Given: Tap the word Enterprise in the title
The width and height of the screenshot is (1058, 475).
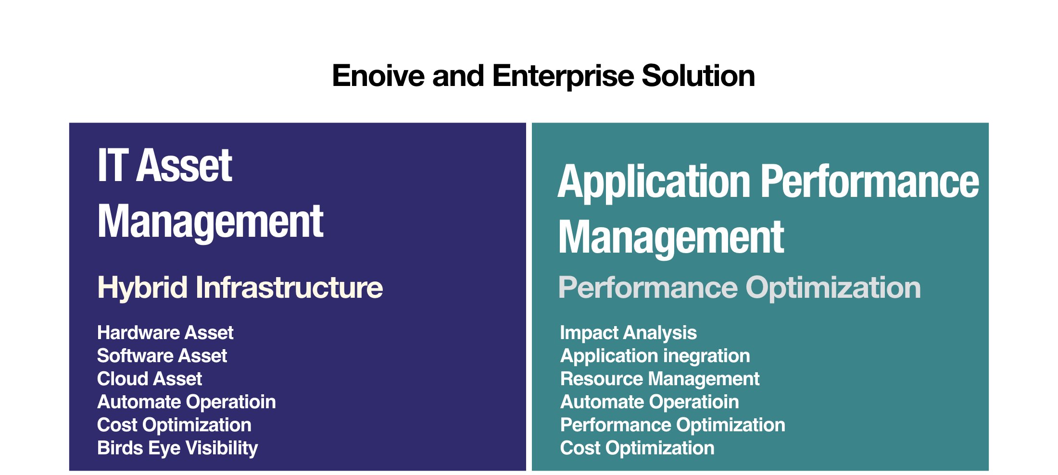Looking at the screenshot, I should [563, 76].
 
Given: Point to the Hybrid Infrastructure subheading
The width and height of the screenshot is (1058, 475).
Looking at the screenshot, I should [239, 287].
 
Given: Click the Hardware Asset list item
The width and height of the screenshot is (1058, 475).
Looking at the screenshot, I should [165, 332].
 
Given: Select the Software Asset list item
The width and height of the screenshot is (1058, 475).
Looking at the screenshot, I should [162, 355].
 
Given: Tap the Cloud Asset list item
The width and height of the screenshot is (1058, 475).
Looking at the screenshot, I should [149, 378].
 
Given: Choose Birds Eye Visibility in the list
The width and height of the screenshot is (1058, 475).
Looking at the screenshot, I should [177, 448].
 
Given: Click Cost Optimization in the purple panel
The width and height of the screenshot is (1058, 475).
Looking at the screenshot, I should [174, 425].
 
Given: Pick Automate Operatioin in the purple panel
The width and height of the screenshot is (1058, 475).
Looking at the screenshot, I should [186, 402].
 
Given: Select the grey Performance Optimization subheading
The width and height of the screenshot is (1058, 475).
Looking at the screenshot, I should [739, 287].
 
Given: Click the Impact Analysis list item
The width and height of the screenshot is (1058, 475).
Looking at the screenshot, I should [628, 332].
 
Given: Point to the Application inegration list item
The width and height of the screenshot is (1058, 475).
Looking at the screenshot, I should [655, 355].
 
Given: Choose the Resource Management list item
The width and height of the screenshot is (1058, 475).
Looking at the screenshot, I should [660, 378].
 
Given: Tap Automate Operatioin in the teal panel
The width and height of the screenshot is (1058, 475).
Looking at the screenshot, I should [649, 402].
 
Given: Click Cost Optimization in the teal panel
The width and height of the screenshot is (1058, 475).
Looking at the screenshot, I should [637, 448].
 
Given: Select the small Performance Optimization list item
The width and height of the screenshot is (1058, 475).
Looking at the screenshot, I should [672, 425].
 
